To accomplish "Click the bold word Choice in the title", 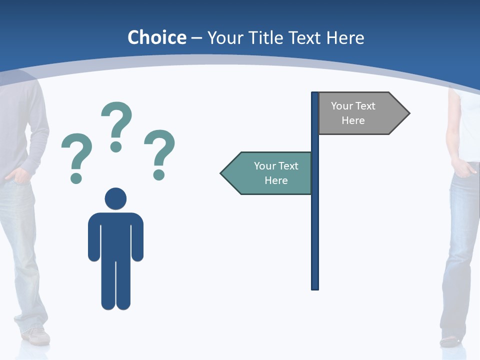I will point(156,37).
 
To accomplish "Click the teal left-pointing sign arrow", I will point(267,173).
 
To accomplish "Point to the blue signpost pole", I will point(315,225).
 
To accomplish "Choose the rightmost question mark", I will point(159,152).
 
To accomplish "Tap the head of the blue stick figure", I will point(115,198).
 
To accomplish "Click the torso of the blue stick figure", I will point(115,235).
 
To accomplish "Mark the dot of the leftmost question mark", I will point(76,178).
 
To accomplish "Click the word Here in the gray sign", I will point(353,120).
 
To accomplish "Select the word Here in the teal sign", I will point(276,180).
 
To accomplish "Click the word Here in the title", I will point(345,37).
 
